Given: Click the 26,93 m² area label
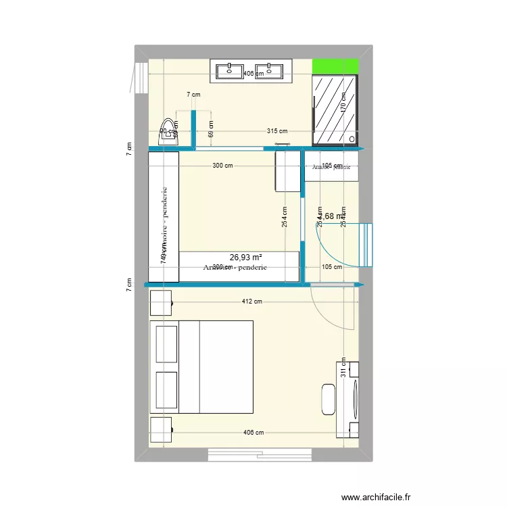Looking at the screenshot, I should [x=246, y=258].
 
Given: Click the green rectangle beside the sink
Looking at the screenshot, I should [x=335, y=67].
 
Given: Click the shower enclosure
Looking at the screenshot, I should [x=335, y=110].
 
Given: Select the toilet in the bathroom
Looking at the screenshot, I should [x=166, y=137].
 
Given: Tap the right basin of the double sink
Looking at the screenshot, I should [x=274, y=69].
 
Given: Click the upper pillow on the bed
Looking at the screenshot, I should [x=166, y=343].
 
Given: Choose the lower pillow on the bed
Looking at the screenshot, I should [x=166, y=389].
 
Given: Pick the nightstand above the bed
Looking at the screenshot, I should [x=161, y=303].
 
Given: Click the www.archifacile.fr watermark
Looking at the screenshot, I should [x=376, y=498].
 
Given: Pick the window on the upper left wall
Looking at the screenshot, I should [x=140, y=77].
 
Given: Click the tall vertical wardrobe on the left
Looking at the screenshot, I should [x=164, y=216].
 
